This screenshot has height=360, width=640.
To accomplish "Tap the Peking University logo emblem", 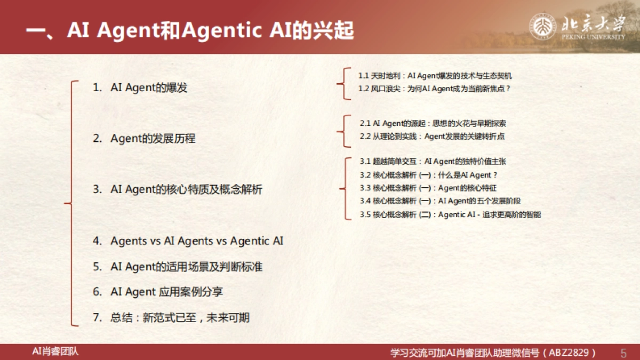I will click(x=543, y=27).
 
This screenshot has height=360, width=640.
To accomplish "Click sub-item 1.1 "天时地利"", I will click(x=435, y=76).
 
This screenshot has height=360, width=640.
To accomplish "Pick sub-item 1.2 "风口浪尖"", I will click(x=434, y=89).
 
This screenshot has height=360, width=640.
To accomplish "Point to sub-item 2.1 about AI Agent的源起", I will click(x=433, y=124).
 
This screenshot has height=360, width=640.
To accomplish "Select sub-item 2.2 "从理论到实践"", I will click(x=432, y=137).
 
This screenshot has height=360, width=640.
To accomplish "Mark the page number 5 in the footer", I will click(x=623, y=353).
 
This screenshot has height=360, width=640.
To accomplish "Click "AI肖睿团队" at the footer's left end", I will click(x=55, y=351).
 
